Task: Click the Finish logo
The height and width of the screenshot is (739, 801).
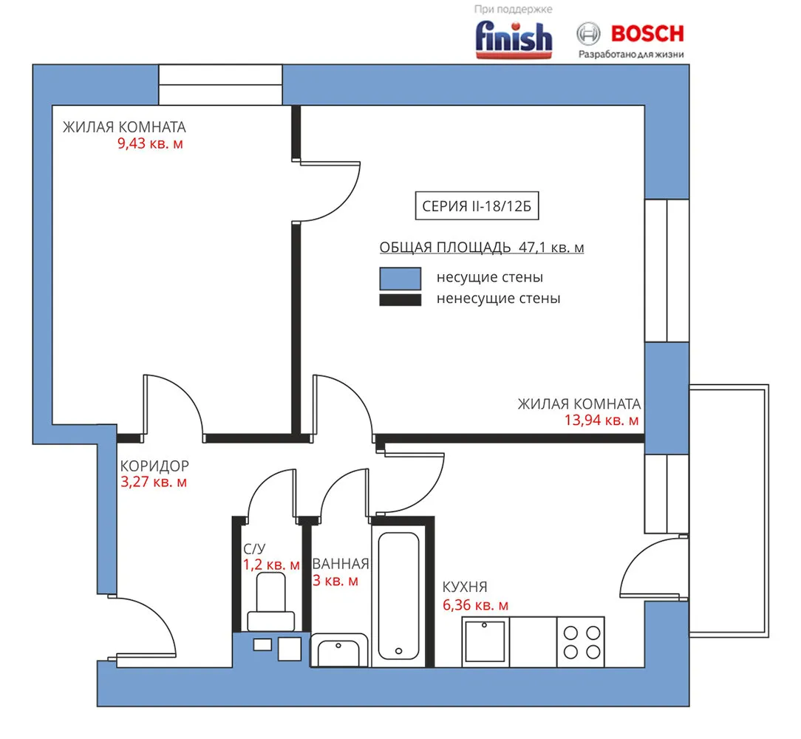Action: click(x=514, y=39)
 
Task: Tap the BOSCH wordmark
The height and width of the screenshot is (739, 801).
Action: click(x=647, y=34)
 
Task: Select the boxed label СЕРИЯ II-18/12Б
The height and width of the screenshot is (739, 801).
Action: click(x=477, y=206)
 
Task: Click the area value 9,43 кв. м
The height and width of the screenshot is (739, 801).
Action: click(x=150, y=143)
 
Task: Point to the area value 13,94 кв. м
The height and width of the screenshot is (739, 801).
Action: click(x=601, y=420)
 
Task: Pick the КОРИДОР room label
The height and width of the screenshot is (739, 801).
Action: click(x=154, y=466)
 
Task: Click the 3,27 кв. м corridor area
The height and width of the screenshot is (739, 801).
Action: click(x=154, y=482)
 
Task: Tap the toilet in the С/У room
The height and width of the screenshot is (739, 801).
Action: click(x=270, y=602)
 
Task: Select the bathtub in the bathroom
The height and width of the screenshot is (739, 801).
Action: click(x=398, y=596)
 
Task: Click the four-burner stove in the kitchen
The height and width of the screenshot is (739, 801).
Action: click(x=581, y=642)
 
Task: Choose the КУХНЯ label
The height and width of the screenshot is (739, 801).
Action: click(x=465, y=587)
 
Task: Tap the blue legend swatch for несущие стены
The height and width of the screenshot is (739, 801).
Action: click(x=400, y=279)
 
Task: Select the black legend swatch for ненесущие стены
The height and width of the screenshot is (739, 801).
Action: click(x=400, y=299)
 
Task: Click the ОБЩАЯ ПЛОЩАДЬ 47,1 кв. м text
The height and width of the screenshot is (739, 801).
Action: click(x=481, y=248)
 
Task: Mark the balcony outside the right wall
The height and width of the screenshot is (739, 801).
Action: click(x=729, y=511)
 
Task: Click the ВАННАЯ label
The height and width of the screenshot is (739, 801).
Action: click(x=340, y=564)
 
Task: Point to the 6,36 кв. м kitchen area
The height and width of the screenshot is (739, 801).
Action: click(x=475, y=605)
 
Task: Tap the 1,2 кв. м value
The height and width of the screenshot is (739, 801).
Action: click(x=270, y=565)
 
